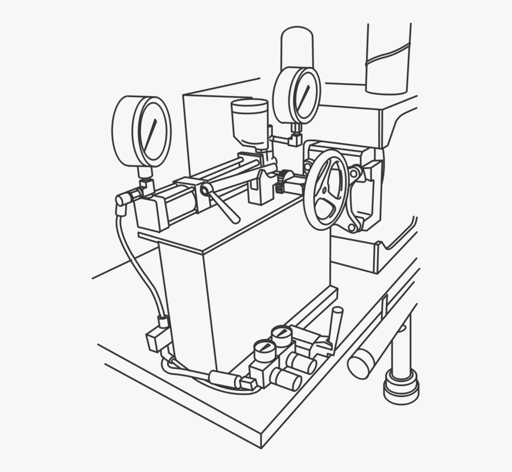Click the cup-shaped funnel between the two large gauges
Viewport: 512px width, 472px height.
tap(250, 122)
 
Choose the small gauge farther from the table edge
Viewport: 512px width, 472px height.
tap(282, 333)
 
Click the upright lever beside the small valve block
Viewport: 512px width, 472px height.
tap(337, 321)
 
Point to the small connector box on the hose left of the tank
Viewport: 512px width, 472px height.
tap(156, 340)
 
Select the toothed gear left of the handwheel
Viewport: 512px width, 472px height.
tap(281, 180)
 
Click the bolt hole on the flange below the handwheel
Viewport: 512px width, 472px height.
tap(352, 227)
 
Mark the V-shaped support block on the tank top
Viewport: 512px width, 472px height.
tap(262, 188)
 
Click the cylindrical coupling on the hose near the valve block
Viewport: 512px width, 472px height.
tap(223, 377)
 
